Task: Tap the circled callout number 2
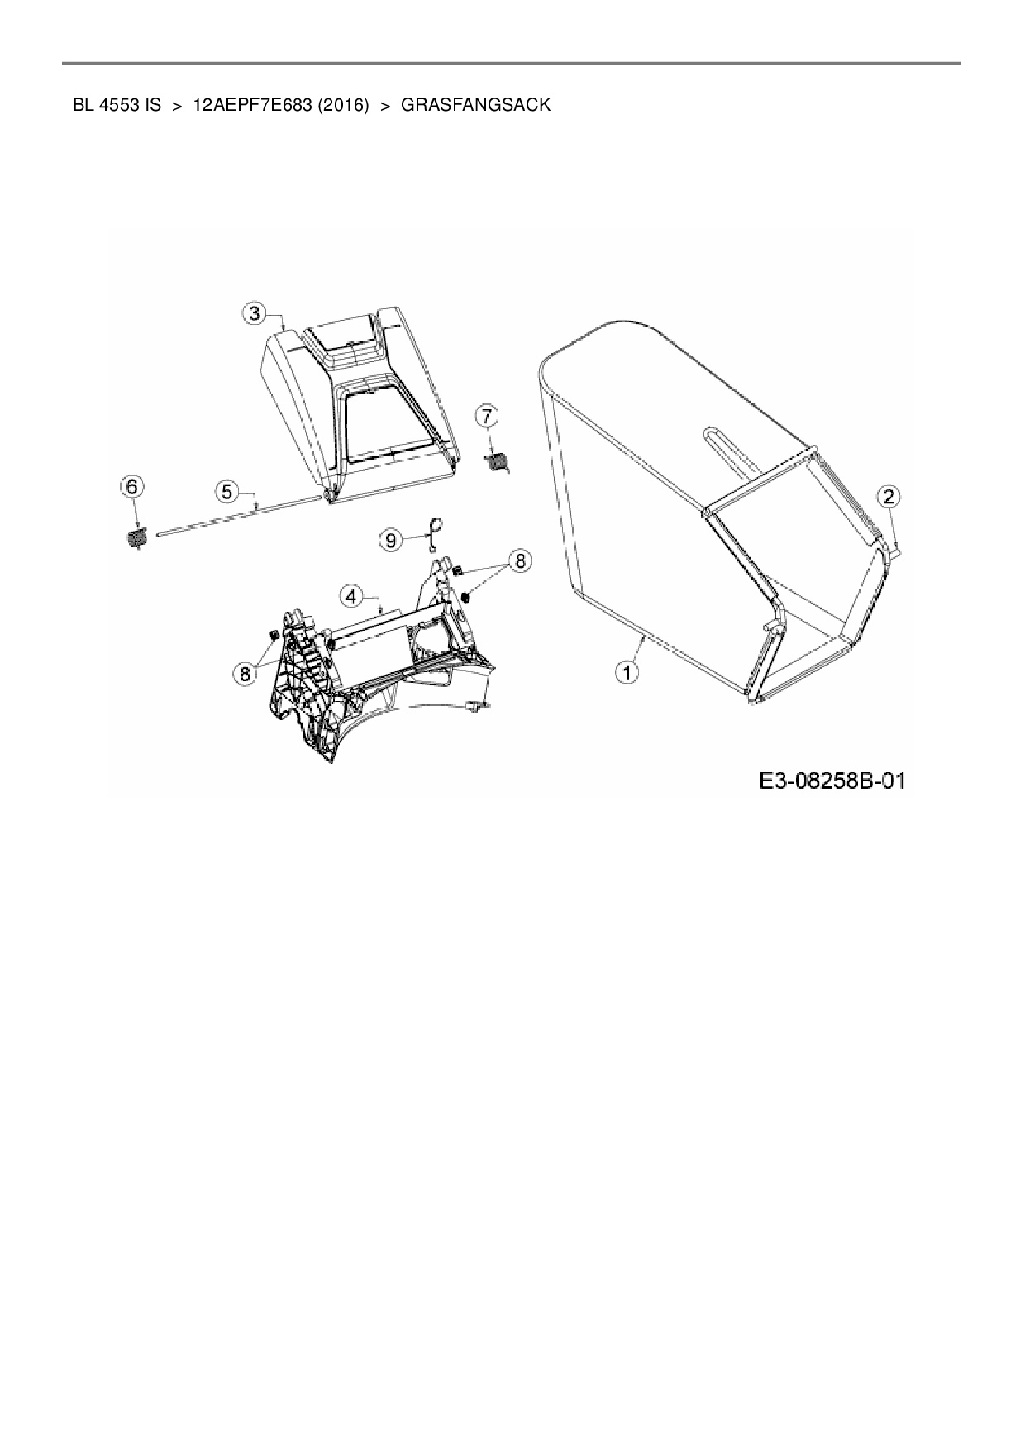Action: click(889, 497)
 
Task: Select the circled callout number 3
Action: click(255, 313)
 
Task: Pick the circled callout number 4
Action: click(352, 595)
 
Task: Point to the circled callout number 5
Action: click(226, 491)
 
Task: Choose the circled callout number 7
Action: click(487, 415)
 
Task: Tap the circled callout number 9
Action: click(390, 540)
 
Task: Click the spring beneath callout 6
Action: click(136, 538)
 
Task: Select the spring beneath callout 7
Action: click(497, 463)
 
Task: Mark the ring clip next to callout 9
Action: click(435, 527)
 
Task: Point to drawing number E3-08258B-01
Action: click(832, 780)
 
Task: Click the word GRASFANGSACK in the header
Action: click(475, 105)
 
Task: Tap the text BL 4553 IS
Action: click(117, 105)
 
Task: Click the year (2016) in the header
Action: click(341, 105)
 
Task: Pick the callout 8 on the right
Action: click(520, 561)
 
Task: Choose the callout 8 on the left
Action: click(245, 674)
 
